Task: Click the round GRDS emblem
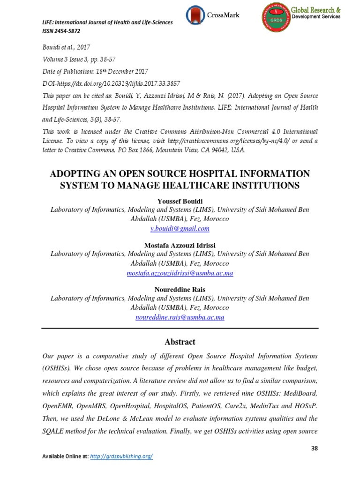[x=275, y=19]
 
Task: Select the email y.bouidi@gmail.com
[x=180, y=229]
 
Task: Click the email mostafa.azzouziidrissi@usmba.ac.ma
[x=180, y=273]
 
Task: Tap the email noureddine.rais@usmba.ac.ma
[x=180, y=317]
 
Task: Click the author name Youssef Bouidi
[x=180, y=202]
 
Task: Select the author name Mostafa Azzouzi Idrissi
[x=180, y=246]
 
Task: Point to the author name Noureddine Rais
[x=180, y=290]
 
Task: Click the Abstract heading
[x=180, y=342]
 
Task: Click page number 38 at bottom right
[x=315, y=448]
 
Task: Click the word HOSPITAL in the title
[x=206, y=174]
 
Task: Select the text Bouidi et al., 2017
[x=66, y=47]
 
